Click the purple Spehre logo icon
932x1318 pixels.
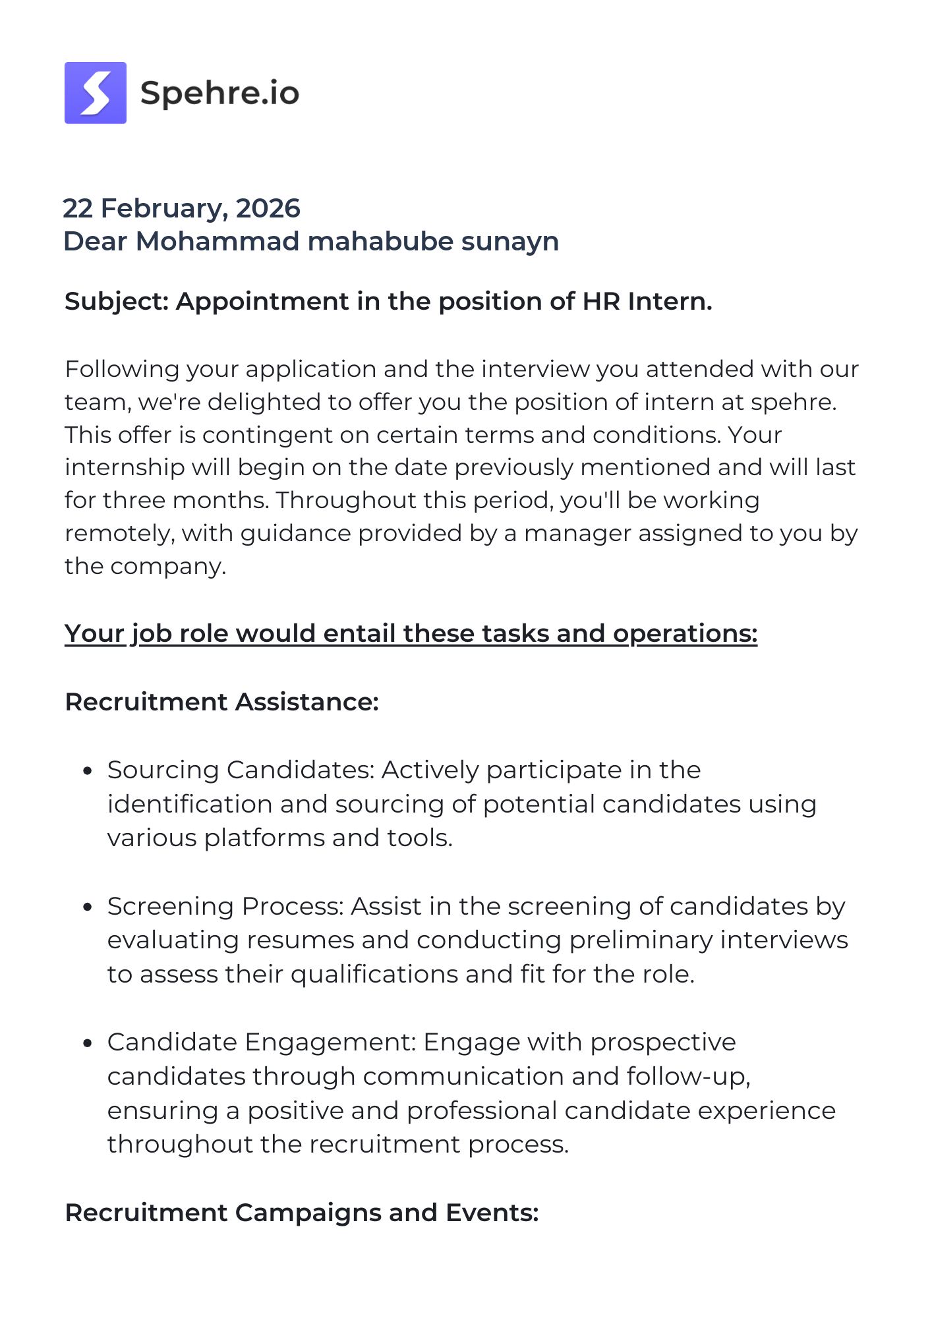(x=96, y=93)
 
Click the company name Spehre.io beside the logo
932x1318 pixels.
(x=219, y=93)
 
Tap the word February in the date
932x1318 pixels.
(x=165, y=208)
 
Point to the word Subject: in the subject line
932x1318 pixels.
(x=117, y=301)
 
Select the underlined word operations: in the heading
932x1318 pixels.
(x=685, y=633)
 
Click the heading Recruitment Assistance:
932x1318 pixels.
(x=221, y=702)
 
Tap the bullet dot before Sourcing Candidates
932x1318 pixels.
(x=87, y=771)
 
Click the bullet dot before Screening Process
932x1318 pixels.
(x=87, y=907)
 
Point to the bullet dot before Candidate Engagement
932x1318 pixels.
(x=87, y=1043)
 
